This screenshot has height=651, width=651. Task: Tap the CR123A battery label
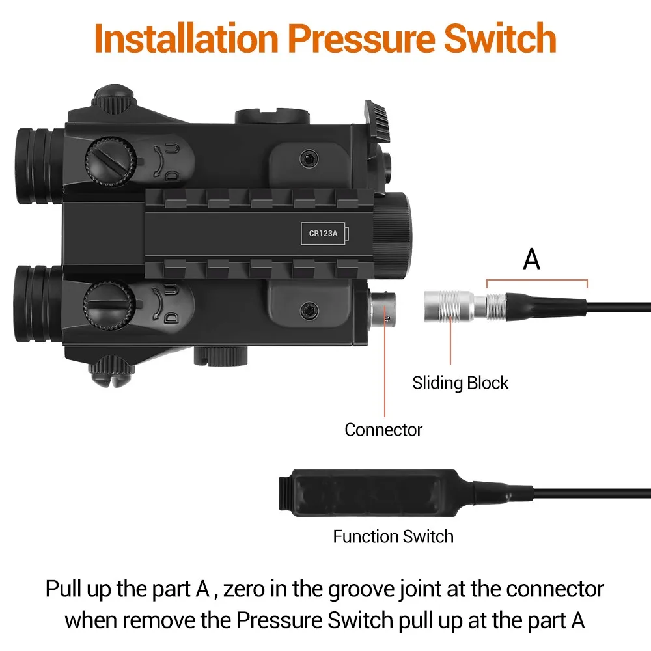pyautogui.click(x=323, y=233)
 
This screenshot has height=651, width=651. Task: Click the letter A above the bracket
pyautogui.click(x=531, y=259)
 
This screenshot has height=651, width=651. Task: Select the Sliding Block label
pyautogui.click(x=460, y=383)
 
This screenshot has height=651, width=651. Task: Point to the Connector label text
pyautogui.click(x=383, y=430)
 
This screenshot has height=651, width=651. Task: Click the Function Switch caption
pyautogui.click(x=393, y=536)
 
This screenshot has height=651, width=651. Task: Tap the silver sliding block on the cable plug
pyautogui.click(x=449, y=307)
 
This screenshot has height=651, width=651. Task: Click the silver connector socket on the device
pyautogui.click(x=383, y=309)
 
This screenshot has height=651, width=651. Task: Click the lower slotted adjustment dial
pyautogui.click(x=109, y=306)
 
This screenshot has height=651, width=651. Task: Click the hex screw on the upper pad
pyautogui.click(x=309, y=159)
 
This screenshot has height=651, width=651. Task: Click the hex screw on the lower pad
pyautogui.click(x=309, y=310)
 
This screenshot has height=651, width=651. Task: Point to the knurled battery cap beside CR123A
pyautogui.click(x=394, y=234)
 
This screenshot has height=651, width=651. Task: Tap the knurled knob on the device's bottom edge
pyautogui.click(x=221, y=357)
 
